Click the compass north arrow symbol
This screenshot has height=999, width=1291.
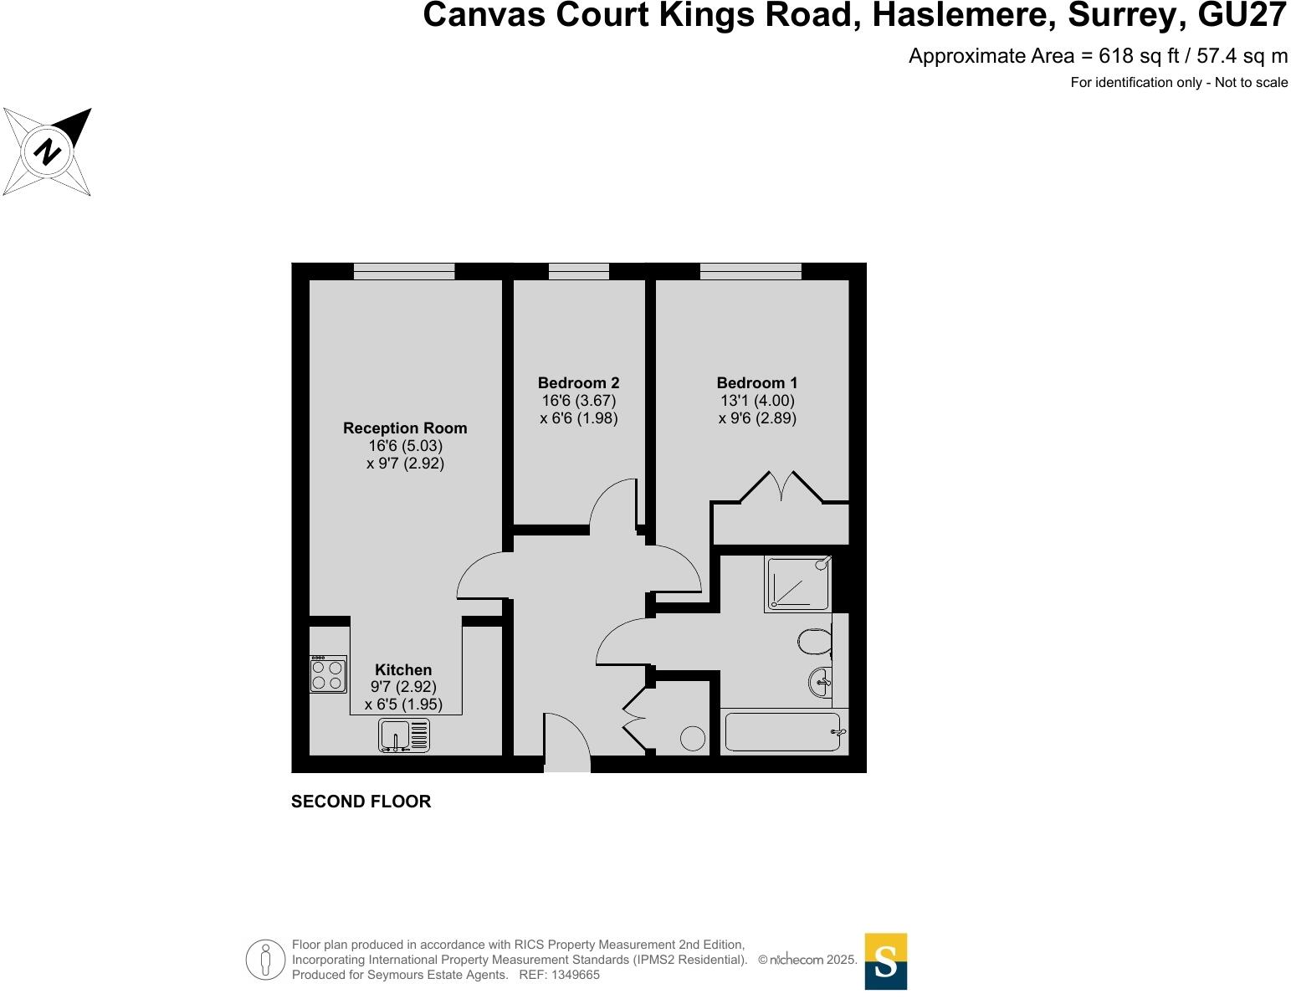click(x=48, y=151)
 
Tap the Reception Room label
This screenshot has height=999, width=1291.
click(x=405, y=428)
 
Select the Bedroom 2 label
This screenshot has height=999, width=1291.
click(x=578, y=383)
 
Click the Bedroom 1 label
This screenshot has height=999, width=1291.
click(x=757, y=383)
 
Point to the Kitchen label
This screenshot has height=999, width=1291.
click(x=403, y=669)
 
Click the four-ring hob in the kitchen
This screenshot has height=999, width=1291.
click(x=328, y=674)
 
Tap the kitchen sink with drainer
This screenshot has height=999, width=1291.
click(x=404, y=735)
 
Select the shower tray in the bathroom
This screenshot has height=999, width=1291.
click(x=797, y=583)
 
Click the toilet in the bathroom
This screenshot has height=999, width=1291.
click(x=814, y=643)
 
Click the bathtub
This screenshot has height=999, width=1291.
click(x=782, y=732)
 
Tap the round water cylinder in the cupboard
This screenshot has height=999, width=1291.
click(x=693, y=738)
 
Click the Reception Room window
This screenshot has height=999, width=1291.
click(x=404, y=271)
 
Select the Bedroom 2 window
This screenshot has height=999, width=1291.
click(x=579, y=271)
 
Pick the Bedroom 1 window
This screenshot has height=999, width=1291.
click(x=751, y=271)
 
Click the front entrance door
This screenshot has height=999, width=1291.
click(x=567, y=763)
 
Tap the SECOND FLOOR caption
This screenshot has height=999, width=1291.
click(x=361, y=802)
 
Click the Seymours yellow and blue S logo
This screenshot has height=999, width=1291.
click(x=885, y=961)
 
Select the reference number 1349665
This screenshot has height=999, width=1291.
click(x=572, y=975)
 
